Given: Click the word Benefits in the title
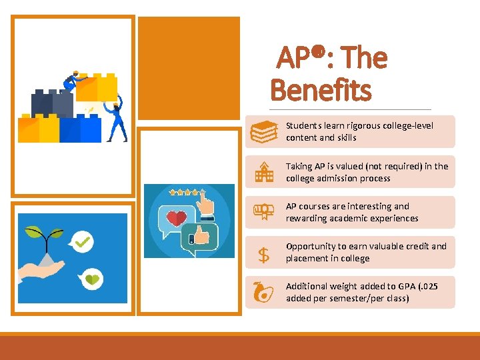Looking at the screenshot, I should (x=321, y=90).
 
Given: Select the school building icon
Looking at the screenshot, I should (x=264, y=173).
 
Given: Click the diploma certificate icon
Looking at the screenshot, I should (x=263, y=212).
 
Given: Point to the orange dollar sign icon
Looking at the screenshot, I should (x=264, y=254).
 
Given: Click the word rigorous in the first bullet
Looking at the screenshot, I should (x=354, y=125).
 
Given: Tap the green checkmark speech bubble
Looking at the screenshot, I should (x=82, y=241).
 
